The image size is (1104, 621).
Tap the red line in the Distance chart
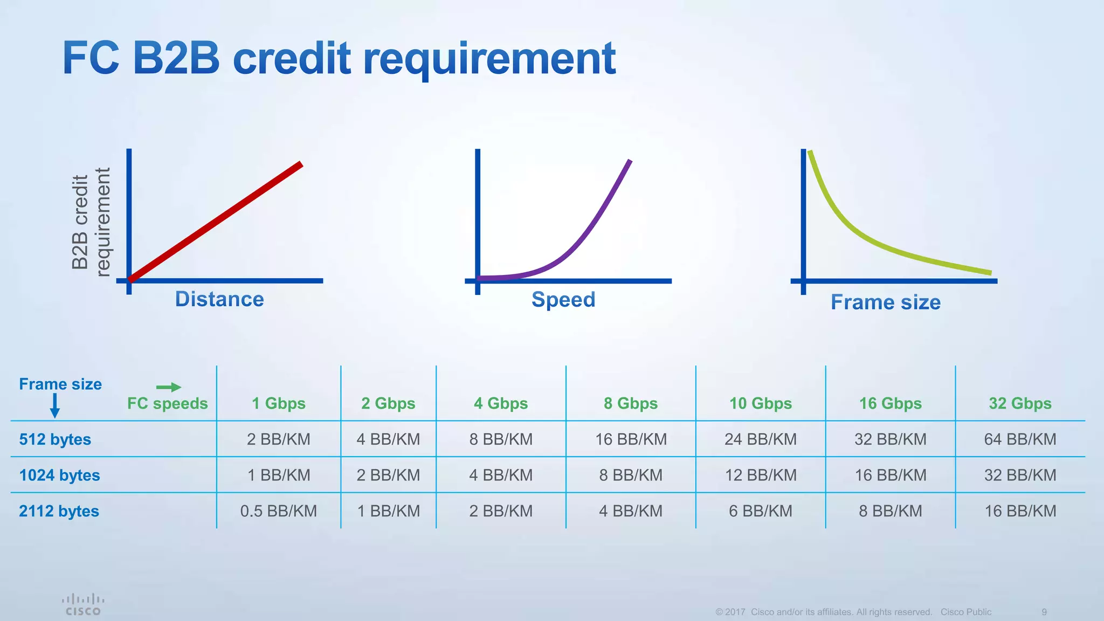[x=216, y=222]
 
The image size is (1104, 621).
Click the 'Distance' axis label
[x=219, y=299]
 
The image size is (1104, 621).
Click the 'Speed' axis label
[x=563, y=299]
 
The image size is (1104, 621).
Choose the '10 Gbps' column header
[x=760, y=403]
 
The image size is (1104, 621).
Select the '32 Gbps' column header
[x=1020, y=403]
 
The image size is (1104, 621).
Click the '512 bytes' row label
[x=55, y=439]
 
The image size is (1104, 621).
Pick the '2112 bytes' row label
[x=59, y=511]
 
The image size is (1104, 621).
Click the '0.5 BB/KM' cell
[x=278, y=511]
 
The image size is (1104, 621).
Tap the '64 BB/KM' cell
[x=1020, y=439]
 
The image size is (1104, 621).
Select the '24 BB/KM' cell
[x=760, y=439]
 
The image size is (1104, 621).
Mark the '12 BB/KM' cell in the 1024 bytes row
[x=760, y=475]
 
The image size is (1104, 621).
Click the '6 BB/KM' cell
[x=760, y=511]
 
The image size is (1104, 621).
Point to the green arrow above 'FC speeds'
[x=169, y=387]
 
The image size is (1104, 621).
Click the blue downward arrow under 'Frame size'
[x=54, y=406]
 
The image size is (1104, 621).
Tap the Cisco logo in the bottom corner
[x=83, y=605]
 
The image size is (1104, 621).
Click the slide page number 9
[x=1044, y=612]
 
